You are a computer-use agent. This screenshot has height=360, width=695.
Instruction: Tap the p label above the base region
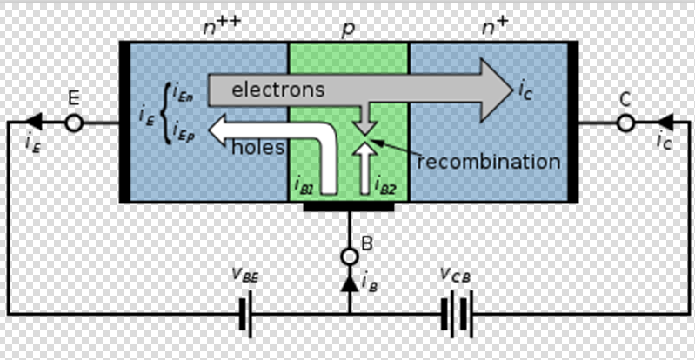(348, 29)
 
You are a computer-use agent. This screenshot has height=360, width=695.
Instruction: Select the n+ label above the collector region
(495, 27)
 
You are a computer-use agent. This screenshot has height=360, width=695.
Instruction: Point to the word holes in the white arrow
(258, 147)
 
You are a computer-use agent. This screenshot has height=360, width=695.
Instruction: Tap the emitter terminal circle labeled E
(74, 123)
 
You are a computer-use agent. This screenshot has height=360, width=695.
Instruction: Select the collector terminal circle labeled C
(625, 123)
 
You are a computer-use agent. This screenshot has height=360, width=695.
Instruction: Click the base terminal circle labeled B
(349, 257)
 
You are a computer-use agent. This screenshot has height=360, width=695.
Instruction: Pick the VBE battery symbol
(246, 314)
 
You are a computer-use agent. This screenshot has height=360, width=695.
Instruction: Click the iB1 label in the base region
(305, 185)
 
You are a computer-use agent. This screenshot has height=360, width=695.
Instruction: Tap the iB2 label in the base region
(385, 185)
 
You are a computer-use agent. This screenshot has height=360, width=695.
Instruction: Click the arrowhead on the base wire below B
(349, 283)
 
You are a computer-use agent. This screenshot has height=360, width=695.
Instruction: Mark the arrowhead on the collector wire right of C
(663, 123)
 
